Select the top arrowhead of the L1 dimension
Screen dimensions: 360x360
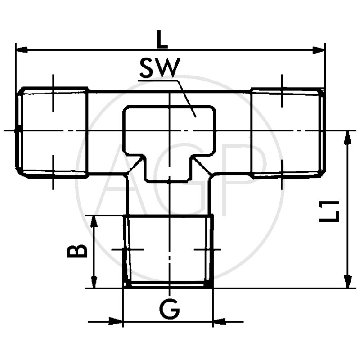(347, 137)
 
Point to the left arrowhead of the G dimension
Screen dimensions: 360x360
(117, 322)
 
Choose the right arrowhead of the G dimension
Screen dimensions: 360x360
(219, 322)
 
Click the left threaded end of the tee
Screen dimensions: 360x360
(52, 131)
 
